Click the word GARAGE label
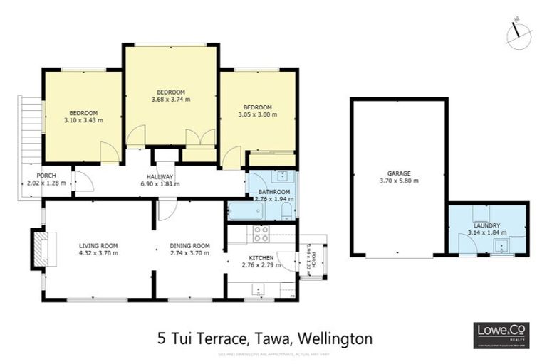coord(398,173)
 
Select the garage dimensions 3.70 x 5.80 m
coord(398,181)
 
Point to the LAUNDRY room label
coord(486,225)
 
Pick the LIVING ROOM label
coord(98,245)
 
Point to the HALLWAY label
coord(160,176)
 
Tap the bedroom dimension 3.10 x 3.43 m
coord(83,121)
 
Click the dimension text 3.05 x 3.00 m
coord(256,115)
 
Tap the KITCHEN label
coord(261,257)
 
